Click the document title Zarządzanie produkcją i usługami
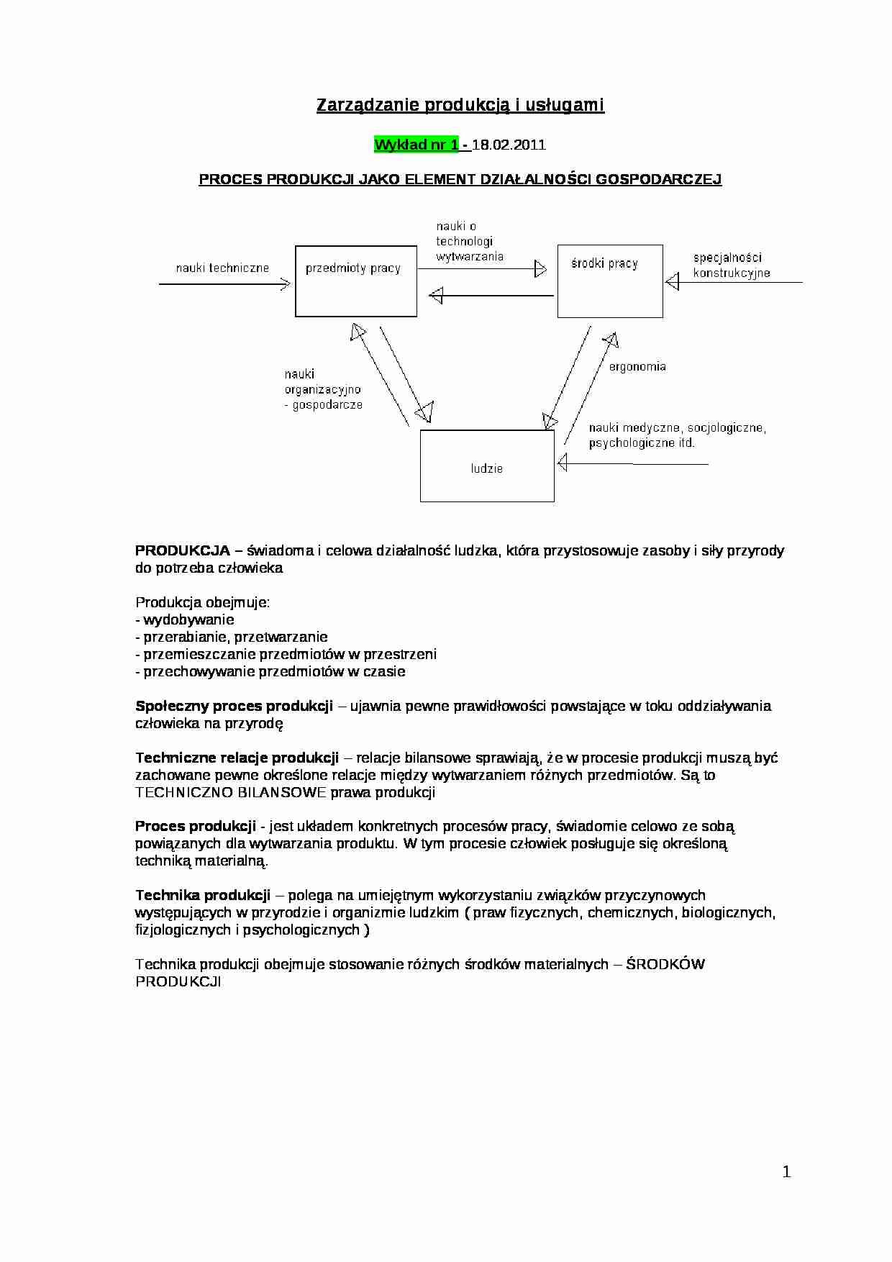[x=460, y=105]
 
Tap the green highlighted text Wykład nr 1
[x=417, y=145]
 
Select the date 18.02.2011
[x=509, y=145]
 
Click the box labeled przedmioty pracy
[x=355, y=281]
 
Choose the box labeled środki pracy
[x=609, y=281]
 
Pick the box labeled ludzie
[x=487, y=466]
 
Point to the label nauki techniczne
[x=222, y=268]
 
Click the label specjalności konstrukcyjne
[x=731, y=265]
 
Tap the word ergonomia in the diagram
[x=637, y=366]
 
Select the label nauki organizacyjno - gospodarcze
[x=322, y=389]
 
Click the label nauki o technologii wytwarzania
[x=468, y=241]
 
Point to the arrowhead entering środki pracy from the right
[x=672, y=282]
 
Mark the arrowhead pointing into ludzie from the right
[x=563, y=463]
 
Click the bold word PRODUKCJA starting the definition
[x=182, y=550]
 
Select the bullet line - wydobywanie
[x=185, y=619]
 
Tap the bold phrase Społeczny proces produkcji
[x=234, y=706]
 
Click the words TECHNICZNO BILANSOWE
[x=231, y=792]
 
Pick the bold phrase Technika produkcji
[x=203, y=895]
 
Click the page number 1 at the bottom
[x=786, y=1172]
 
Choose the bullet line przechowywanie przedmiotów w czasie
[x=270, y=671]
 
